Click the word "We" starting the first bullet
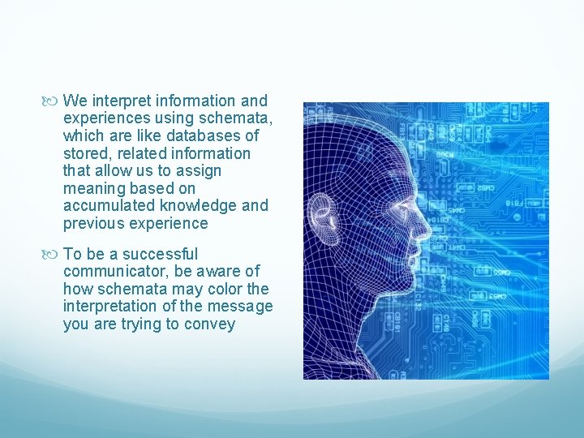pyautogui.click(x=75, y=101)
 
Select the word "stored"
pyautogui.click(x=84, y=153)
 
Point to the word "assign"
pyautogui.click(x=199, y=171)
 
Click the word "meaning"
pyautogui.click(x=94, y=189)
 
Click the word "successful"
pyautogui.click(x=158, y=254)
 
